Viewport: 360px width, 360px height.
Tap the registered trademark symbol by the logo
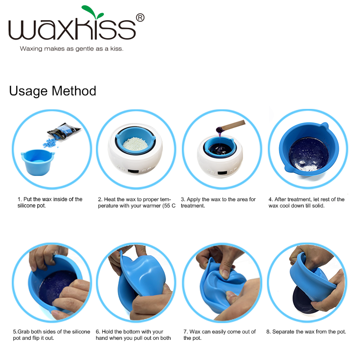click(140, 18)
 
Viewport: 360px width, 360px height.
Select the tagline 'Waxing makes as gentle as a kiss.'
click(72, 49)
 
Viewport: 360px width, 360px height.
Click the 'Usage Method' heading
click(53, 91)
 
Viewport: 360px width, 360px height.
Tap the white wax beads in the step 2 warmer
click(135, 144)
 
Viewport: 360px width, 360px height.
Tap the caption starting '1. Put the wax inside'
click(50, 202)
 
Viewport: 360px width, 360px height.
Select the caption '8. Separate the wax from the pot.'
click(306, 332)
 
